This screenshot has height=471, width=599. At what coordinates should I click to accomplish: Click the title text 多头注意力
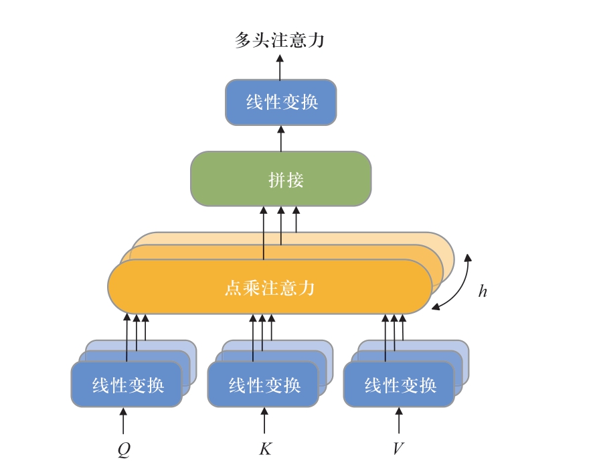[x=279, y=40]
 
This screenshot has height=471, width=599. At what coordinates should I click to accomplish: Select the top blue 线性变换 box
[x=280, y=103]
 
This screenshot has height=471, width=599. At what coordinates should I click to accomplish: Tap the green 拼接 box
[x=280, y=179]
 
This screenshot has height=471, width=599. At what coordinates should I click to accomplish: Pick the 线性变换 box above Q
[x=126, y=385]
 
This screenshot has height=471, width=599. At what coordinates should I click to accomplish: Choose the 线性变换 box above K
[x=263, y=385]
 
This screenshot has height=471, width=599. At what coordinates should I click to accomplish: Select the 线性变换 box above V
[x=399, y=385]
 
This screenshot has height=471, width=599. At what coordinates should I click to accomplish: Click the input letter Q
[x=123, y=448]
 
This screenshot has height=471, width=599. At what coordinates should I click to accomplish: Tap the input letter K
[x=265, y=448]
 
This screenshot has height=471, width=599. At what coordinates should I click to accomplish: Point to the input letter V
[x=398, y=448]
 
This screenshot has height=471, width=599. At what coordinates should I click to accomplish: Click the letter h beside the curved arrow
[x=482, y=291]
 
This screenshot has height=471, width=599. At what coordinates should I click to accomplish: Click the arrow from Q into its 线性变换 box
[x=123, y=421]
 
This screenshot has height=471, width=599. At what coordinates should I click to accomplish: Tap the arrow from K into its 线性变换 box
[x=264, y=421]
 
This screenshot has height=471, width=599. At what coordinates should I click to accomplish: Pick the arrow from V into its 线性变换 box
[x=399, y=421]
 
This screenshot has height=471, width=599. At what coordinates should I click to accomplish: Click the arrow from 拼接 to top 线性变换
[x=280, y=138]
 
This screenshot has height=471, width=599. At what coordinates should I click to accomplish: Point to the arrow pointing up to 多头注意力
[x=280, y=67]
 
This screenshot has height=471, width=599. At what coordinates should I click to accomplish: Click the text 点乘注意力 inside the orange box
[x=269, y=288]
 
